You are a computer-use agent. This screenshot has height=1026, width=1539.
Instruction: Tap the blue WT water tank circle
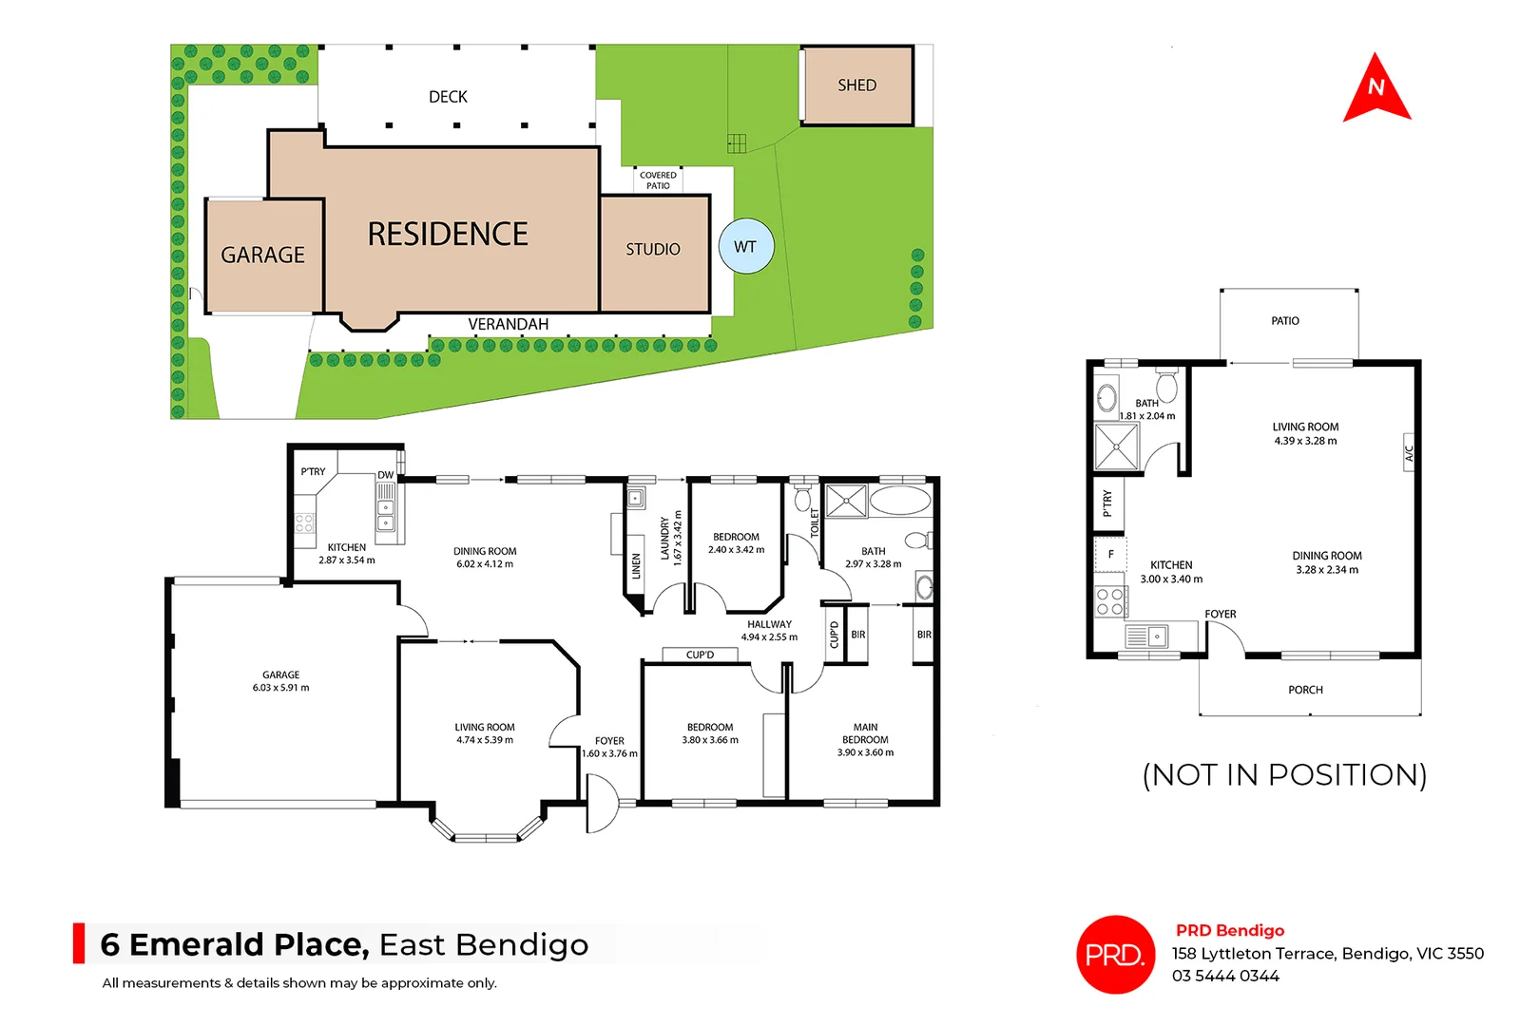[746, 247]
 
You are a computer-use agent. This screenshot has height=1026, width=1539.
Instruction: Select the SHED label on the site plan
[856, 85]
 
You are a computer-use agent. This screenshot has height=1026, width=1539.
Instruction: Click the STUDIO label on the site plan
[653, 249]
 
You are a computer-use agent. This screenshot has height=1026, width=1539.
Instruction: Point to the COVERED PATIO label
[658, 180]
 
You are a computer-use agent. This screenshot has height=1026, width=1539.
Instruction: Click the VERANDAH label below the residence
[508, 324]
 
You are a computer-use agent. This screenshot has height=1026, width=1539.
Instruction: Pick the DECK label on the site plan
[448, 97]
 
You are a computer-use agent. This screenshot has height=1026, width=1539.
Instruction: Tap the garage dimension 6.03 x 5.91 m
[280, 688]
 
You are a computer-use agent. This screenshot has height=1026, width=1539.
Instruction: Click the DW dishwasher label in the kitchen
[385, 475]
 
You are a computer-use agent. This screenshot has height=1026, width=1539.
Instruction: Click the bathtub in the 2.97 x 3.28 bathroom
[900, 501]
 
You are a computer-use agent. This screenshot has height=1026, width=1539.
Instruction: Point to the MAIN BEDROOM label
[865, 733]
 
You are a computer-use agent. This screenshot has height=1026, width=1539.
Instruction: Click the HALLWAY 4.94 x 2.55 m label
[769, 631]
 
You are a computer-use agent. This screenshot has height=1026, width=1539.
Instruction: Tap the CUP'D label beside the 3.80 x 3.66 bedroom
[700, 655]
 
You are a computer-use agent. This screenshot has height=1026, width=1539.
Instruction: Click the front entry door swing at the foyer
[601, 804]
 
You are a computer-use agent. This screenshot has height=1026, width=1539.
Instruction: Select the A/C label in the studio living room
[1409, 454]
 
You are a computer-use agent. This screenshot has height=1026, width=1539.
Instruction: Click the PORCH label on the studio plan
[1305, 690]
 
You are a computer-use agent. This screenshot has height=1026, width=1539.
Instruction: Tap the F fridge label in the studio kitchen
[1110, 554]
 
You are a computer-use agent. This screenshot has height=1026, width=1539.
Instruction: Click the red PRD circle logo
[1115, 955]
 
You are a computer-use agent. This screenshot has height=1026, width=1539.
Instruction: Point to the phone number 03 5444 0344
[1225, 976]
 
